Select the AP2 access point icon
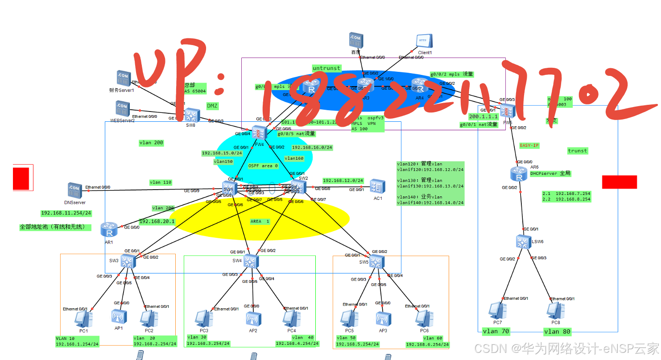point(253,319)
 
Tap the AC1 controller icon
point(377,186)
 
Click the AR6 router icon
point(519,174)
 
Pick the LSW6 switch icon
point(523,242)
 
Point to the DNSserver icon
point(74,190)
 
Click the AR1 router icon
point(109,230)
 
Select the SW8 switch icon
point(192,115)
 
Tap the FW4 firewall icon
point(259,132)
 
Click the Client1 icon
point(424,41)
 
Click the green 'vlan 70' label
point(496,331)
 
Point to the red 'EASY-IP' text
point(529,145)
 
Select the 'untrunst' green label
point(326,68)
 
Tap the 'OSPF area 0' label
point(263,166)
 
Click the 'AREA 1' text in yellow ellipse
point(260,221)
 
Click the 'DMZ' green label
point(212,106)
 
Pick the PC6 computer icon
point(422,318)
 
